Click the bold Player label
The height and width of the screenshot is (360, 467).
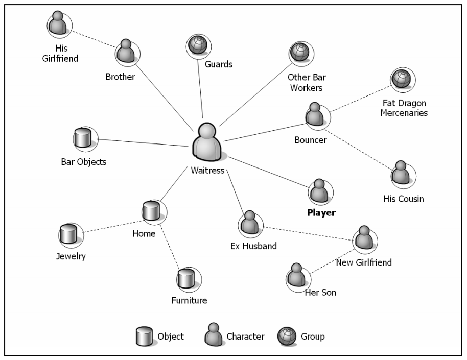[321, 213]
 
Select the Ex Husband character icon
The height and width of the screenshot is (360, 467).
[250, 223]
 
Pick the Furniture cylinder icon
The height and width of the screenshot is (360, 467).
[189, 279]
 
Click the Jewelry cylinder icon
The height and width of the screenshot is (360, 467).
[71, 234]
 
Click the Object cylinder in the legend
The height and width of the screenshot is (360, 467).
[145, 336]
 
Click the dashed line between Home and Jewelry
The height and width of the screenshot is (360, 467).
[112, 226]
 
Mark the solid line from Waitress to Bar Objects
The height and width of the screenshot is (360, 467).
[143, 142]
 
